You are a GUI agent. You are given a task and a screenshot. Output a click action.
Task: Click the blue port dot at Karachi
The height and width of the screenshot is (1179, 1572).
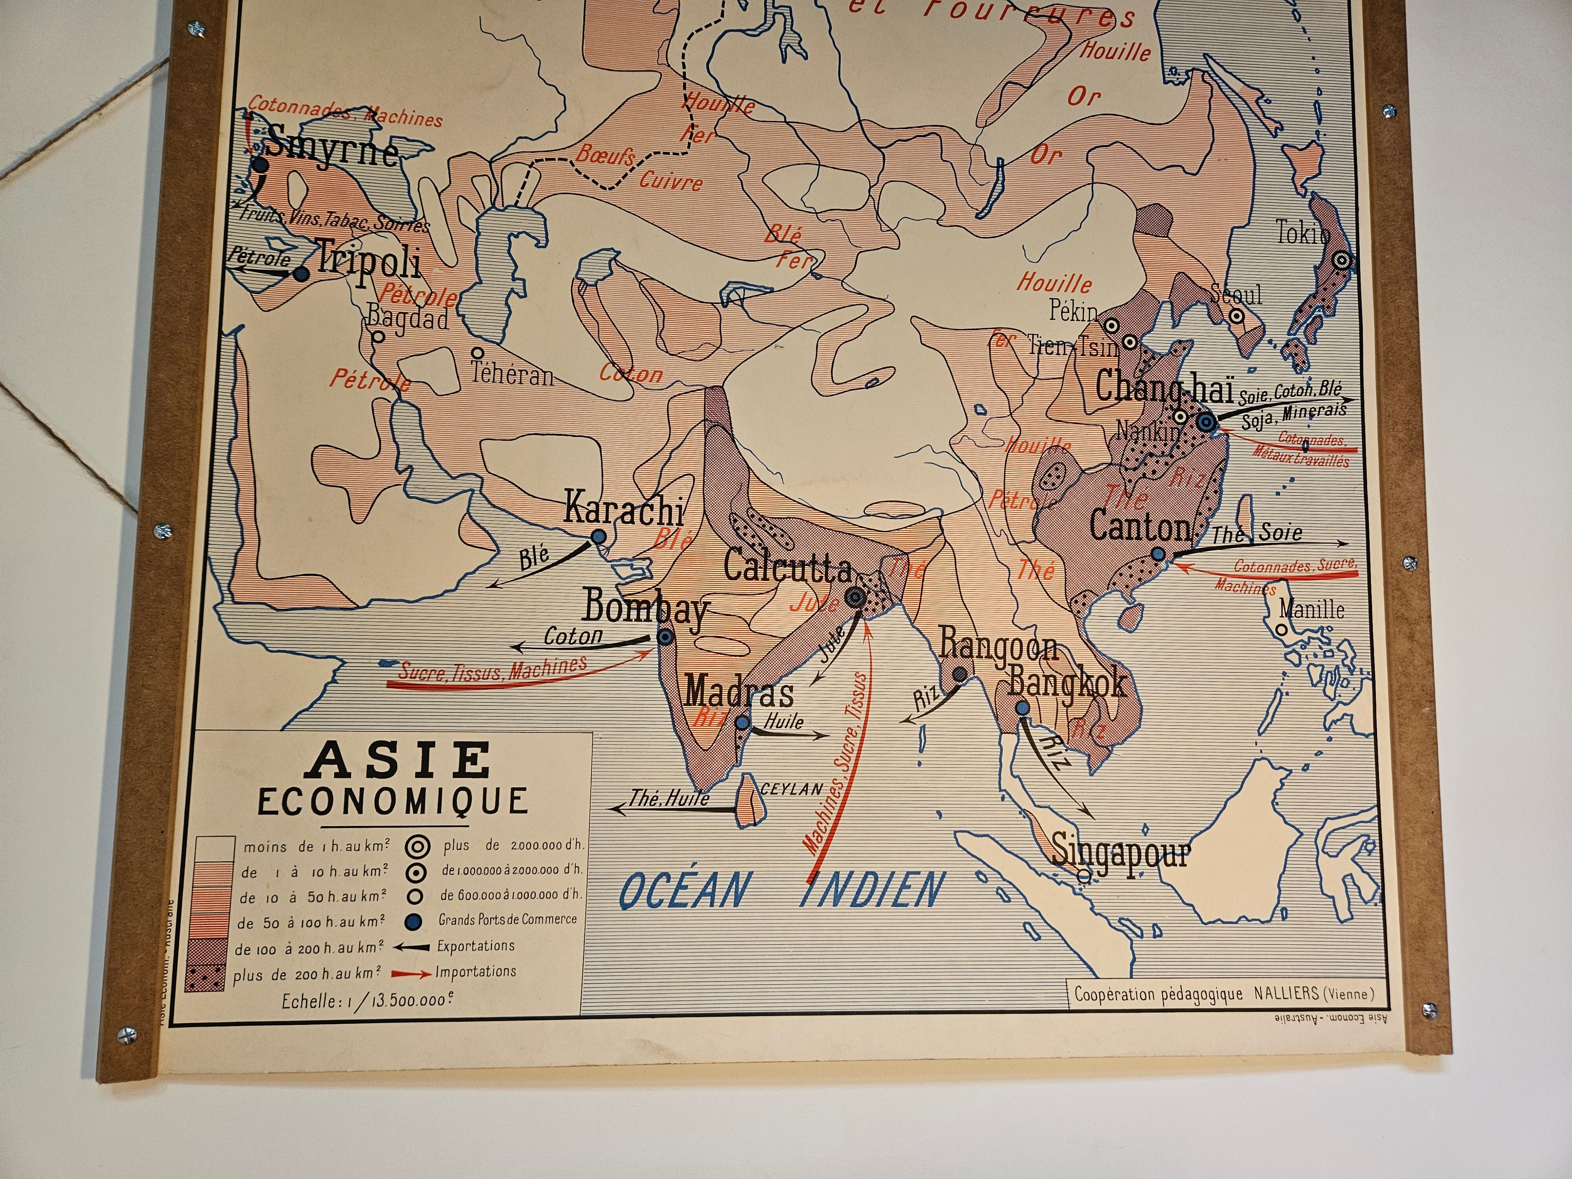(x=599, y=536)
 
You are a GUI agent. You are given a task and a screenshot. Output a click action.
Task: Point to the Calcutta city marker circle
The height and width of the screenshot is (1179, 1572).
(x=856, y=597)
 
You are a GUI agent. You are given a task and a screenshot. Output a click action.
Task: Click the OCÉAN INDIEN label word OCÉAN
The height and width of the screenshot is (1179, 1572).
(x=684, y=890)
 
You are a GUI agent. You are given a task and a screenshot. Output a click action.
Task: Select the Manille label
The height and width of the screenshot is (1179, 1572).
(x=1311, y=609)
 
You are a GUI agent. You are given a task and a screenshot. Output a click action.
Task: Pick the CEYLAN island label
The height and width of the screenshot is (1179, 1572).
(x=791, y=789)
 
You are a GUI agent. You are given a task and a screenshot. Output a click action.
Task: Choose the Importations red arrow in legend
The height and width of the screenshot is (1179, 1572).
(x=411, y=973)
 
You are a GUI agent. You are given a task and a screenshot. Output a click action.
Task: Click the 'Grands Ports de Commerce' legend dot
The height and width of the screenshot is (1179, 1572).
(x=413, y=922)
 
